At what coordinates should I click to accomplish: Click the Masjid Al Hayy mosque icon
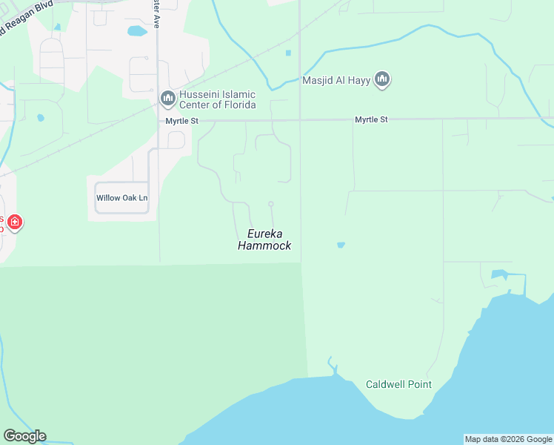(381, 79)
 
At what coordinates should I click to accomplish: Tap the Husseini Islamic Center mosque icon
(167, 99)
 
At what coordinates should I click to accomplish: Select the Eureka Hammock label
(264, 240)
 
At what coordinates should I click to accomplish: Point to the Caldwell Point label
(398, 384)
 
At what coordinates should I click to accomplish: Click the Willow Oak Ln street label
(122, 198)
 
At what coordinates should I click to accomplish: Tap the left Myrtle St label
(182, 119)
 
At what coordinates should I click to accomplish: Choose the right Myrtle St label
(371, 119)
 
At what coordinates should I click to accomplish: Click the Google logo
(24, 436)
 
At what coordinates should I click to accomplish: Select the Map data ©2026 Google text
(508, 439)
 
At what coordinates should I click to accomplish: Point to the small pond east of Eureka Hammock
(341, 245)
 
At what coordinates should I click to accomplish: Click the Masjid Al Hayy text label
(336, 79)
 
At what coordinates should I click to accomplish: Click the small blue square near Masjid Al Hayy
(288, 53)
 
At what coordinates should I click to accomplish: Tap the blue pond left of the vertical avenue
(137, 31)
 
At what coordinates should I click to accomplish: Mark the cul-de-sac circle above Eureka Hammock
(271, 204)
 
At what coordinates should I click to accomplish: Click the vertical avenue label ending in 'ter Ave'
(156, 13)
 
